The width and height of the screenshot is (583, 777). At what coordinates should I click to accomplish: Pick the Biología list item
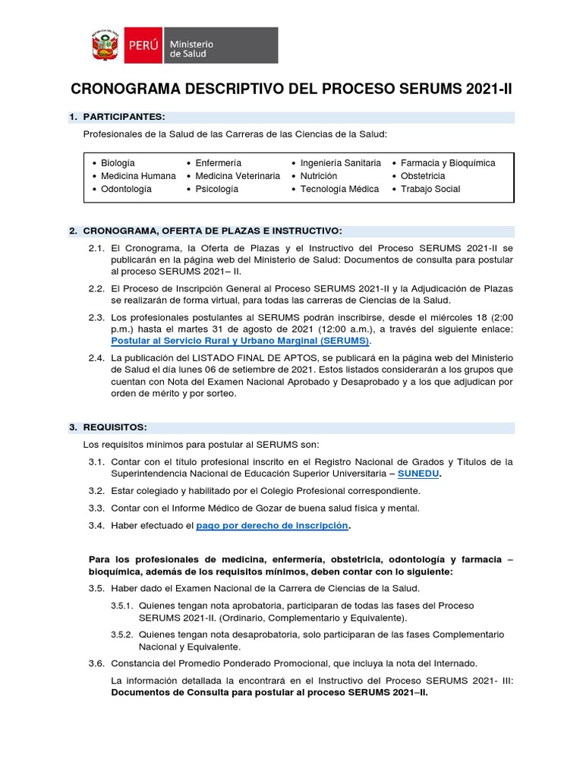pos(118,163)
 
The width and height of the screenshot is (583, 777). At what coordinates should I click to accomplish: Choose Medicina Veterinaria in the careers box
pos(237,176)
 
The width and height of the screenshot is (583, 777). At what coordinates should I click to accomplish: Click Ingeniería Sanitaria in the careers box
pos(340,163)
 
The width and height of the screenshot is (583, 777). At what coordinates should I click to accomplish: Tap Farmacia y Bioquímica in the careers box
pos(448,163)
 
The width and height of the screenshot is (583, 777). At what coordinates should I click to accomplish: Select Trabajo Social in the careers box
pos(430,189)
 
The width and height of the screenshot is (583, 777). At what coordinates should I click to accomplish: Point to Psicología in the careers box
pos(216,189)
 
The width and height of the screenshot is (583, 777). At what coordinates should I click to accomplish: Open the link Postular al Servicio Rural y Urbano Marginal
pos(239,341)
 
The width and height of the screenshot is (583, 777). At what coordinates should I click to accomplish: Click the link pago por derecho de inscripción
pos(273,526)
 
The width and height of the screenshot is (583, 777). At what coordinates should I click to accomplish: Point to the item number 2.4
pos(96,357)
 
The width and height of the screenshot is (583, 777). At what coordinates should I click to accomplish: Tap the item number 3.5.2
pos(122,634)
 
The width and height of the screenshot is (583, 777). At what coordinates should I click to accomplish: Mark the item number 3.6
pos(96,663)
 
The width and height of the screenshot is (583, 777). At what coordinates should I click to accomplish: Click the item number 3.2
pos(96,491)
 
